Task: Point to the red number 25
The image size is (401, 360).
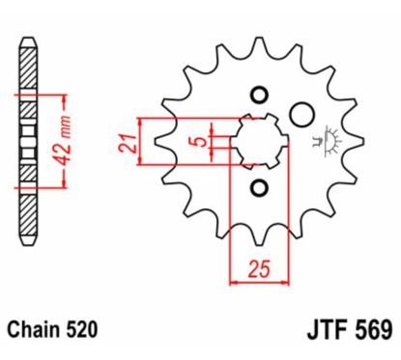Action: click(x=256, y=270)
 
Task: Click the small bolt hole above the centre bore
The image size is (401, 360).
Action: click(x=258, y=95)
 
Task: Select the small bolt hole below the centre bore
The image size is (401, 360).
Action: click(x=258, y=185)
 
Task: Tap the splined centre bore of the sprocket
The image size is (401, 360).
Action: click(x=258, y=141)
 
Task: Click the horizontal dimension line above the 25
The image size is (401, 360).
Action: click(x=258, y=283)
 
